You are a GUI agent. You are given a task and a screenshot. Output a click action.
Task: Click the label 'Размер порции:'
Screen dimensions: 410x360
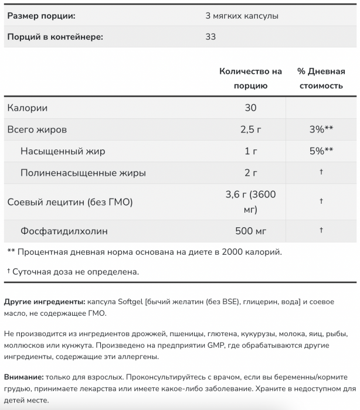point(40,15)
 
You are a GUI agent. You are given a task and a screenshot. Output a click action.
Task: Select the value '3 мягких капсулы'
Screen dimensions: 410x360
point(242,15)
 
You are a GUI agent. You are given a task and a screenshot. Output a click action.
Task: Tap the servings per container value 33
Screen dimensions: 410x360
point(211,37)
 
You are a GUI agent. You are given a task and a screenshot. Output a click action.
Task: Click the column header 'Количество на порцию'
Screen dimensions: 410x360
point(250,78)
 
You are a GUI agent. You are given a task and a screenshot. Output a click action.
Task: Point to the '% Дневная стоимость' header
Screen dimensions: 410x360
point(321,78)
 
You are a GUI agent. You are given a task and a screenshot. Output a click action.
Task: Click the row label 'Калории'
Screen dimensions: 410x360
point(27,108)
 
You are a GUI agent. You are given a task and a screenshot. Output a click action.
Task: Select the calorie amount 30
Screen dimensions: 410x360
point(250,108)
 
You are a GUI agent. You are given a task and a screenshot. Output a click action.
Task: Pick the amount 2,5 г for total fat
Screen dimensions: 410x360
point(250,129)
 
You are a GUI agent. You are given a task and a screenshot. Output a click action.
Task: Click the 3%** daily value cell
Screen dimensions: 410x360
point(321,129)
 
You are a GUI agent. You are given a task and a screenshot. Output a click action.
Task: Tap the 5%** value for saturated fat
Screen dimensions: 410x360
point(321,151)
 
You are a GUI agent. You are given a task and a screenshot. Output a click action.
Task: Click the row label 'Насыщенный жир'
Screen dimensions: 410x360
point(63,151)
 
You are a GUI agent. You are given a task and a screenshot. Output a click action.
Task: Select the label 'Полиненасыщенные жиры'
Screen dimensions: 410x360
point(83,173)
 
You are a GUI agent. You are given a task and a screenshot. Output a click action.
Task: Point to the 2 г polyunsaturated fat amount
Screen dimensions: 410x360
point(250,173)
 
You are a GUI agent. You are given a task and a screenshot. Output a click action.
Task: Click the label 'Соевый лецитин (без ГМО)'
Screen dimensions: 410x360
point(70,202)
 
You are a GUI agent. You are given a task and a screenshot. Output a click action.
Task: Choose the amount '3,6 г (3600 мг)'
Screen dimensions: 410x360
point(250,202)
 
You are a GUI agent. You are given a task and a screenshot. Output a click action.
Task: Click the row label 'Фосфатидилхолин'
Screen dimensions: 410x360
point(64,231)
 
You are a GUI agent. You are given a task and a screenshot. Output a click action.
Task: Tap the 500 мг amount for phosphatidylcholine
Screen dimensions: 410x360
point(250,231)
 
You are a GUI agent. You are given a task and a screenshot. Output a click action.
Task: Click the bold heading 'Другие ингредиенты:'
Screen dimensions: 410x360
point(44,301)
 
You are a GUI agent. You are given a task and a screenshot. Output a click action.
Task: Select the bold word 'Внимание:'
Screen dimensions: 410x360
point(23,378)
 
